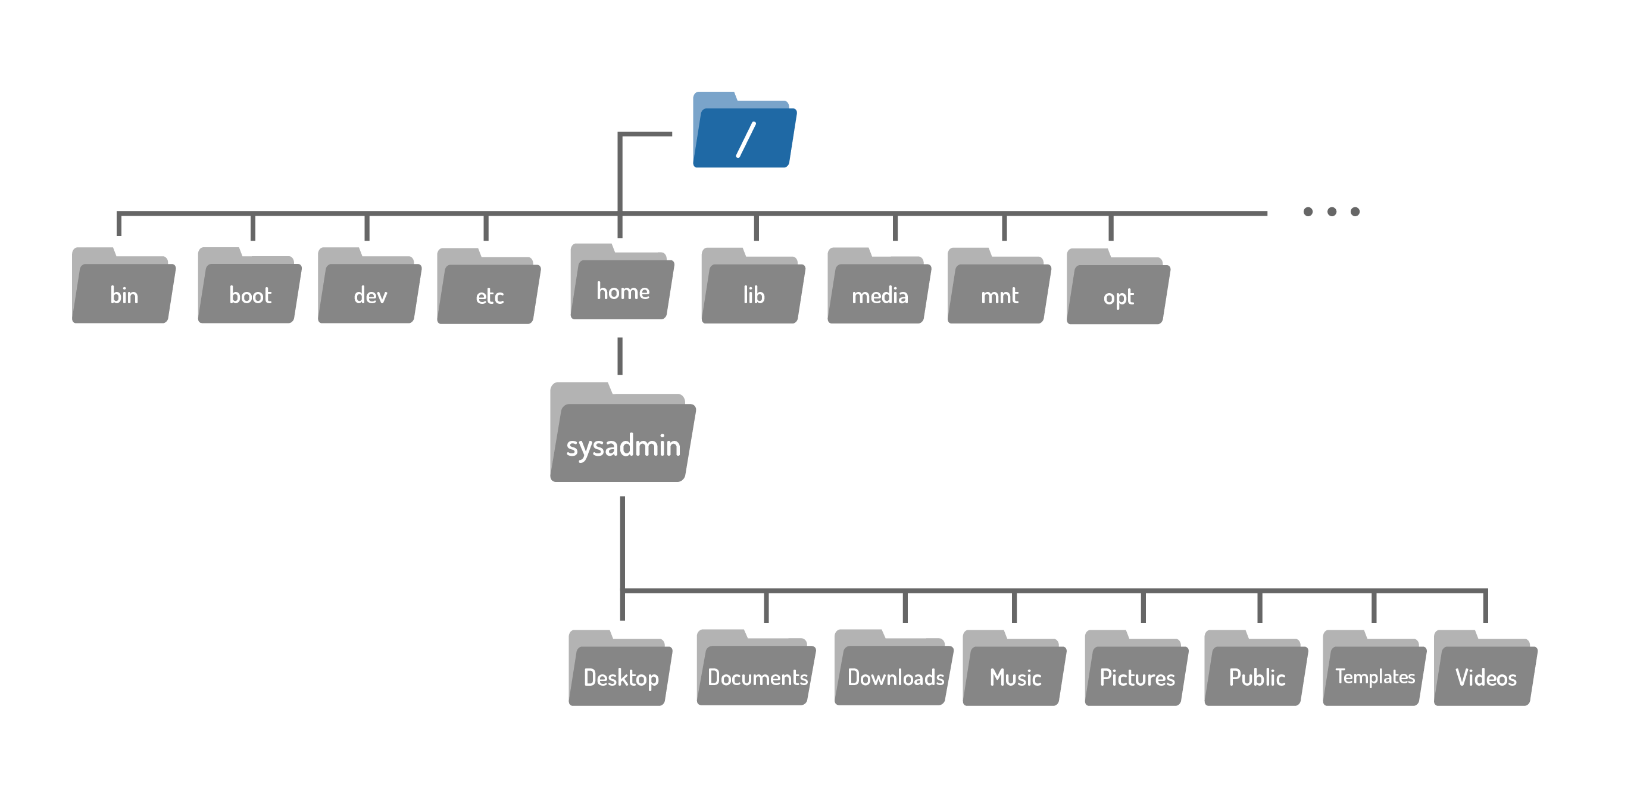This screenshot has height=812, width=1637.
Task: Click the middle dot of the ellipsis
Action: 1332,211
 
